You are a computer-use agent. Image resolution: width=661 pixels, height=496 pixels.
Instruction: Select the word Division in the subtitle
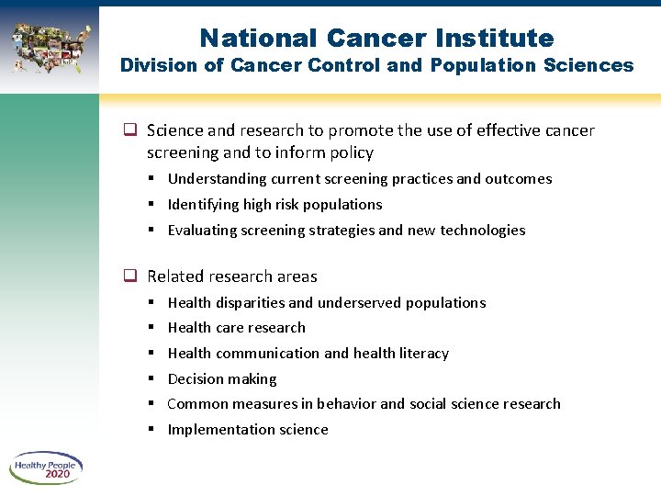(x=152, y=65)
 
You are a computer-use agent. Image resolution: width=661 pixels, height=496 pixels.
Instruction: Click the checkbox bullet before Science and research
(x=130, y=131)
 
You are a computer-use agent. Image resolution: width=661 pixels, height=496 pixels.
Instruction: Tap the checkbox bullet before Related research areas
(x=130, y=276)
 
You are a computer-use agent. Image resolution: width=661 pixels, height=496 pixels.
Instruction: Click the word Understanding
(x=216, y=179)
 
